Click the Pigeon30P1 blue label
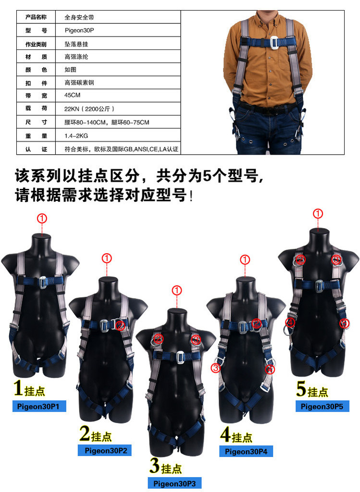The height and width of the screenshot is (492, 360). click(x=39, y=406)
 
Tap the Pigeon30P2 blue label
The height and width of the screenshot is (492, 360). click(x=104, y=451)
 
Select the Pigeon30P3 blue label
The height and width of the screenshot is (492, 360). click(x=174, y=483)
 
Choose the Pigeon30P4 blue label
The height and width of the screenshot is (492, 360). click(x=246, y=451)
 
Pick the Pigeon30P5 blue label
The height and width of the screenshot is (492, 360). click(x=323, y=406)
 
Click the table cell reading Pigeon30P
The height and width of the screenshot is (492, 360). click(x=118, y=30)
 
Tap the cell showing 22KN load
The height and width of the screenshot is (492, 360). click(x=118, y=109)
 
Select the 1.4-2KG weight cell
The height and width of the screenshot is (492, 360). click(x=118, y=135)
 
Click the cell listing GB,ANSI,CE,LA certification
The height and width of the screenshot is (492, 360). click(x=118, y=148)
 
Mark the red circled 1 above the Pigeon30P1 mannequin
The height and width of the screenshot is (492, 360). click(x=42, y=218)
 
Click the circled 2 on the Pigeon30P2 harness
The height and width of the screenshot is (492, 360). click(x=121, y=325)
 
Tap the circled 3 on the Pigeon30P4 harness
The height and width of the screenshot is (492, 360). click(x=216, y=368)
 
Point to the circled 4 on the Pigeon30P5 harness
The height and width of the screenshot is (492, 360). click(x=290, y=322)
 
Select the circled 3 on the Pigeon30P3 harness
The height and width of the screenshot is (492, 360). click(x=196, y=339)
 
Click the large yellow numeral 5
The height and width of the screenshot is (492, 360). click(x=301, y=389)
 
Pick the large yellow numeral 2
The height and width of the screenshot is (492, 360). click(x=85, y=433)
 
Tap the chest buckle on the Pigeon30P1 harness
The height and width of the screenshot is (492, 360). click(x=42, y=282)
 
